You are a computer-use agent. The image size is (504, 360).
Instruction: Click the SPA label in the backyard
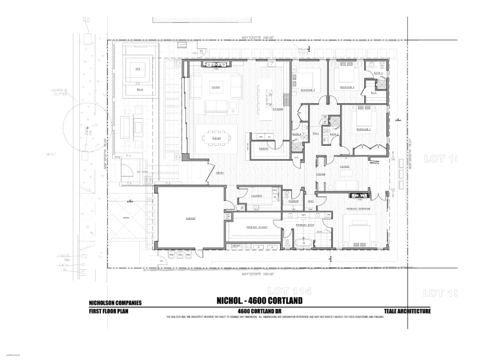138,69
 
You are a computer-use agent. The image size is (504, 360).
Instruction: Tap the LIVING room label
216,87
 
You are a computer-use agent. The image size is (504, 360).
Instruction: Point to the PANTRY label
264,148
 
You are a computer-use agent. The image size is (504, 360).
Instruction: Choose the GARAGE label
190,218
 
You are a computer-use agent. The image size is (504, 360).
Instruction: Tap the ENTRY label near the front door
220,173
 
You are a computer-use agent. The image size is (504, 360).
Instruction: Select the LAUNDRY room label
257,196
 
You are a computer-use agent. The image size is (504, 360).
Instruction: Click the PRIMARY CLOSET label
257,227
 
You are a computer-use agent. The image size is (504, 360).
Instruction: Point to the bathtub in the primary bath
303,243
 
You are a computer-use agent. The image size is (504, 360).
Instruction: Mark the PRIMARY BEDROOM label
358,209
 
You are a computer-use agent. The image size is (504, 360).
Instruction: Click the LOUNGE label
345,166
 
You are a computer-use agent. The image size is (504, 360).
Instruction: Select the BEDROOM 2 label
363,129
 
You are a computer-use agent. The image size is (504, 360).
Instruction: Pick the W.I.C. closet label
374,92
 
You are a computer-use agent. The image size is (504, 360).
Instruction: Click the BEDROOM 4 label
308,90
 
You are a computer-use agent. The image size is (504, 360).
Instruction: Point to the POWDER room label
294,201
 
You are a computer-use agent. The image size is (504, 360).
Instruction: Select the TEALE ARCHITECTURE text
407,311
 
